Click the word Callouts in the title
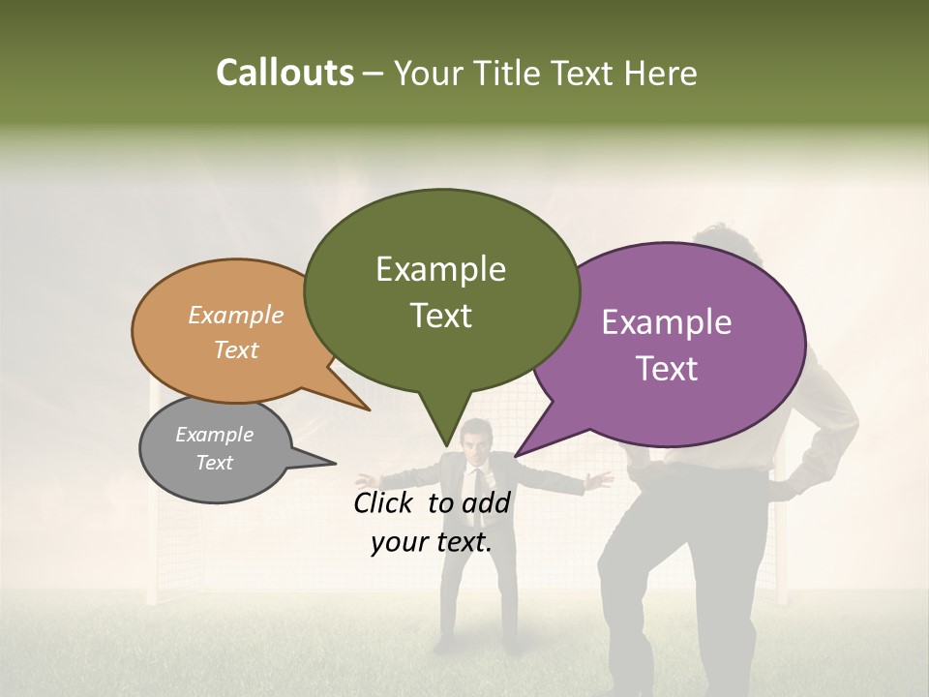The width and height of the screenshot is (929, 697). coord(285,73)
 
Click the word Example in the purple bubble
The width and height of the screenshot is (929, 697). coord(667,322)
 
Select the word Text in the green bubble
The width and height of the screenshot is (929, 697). coord(441,316)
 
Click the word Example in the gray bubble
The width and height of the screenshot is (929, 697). coord(214,435)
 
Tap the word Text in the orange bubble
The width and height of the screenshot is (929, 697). coord(236,349)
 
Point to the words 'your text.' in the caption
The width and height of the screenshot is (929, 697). coord(431,542)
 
